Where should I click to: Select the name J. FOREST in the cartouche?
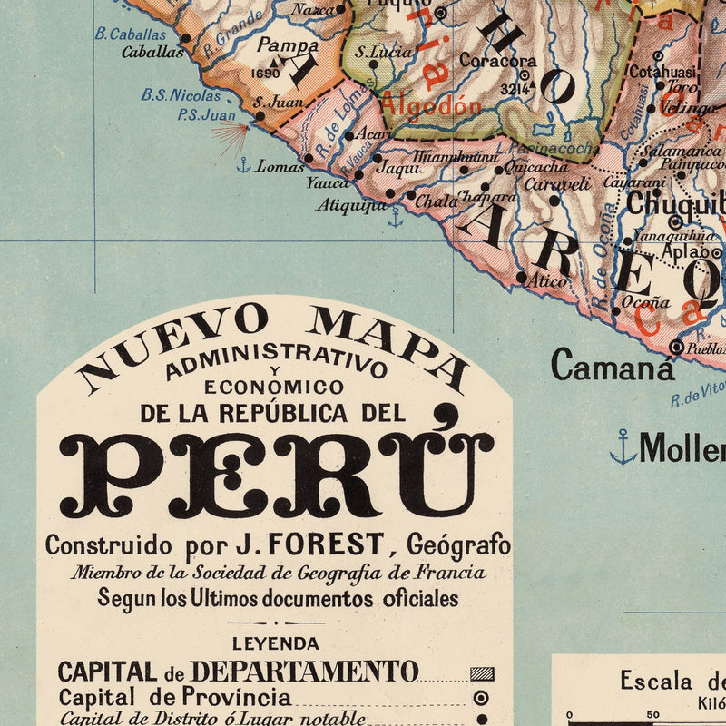[x=309, y=545]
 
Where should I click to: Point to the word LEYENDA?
[x=276, y=643]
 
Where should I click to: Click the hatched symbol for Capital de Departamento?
[x=482, y=673]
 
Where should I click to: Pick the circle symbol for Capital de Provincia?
[x=482, y=698]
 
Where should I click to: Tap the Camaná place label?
[x=613, y=366]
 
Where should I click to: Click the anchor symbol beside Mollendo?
[x=623, y=446]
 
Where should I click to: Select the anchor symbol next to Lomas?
[x=243, y=165]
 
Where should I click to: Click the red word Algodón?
[x=430, y=105]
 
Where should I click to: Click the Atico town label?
[x=548, y=282]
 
